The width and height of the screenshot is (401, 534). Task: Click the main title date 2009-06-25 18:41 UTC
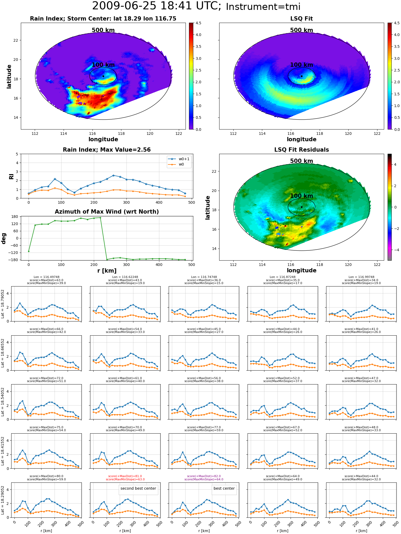[x=157, y=6]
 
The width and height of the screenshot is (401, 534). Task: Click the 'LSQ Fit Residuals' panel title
[x=302, y=150]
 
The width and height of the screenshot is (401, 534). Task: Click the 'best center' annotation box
[x=224, y=488]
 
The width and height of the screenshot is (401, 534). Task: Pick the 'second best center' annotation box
[x=138, y=488]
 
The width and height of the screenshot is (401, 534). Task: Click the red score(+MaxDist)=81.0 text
[x=125, y=476]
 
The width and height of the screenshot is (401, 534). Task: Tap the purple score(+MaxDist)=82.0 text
[x=204, y=476]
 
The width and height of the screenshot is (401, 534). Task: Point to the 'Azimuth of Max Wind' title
[x=107, y=212]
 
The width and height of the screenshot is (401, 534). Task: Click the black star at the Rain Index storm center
[x=103, y=76]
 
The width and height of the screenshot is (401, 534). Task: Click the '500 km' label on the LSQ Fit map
[x=302, y=30]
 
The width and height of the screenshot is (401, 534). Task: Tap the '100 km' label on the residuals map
[x=302, y=196]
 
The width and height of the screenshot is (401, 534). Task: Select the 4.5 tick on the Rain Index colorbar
[x=198, y=23]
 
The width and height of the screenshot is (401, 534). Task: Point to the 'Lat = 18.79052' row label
[x=3, y=304]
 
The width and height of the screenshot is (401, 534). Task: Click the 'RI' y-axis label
[x=11, y=176]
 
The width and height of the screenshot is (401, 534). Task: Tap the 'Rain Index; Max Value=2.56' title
[x=107, y=150]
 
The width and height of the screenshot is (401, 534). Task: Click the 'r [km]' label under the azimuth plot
[x=107, y=271]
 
